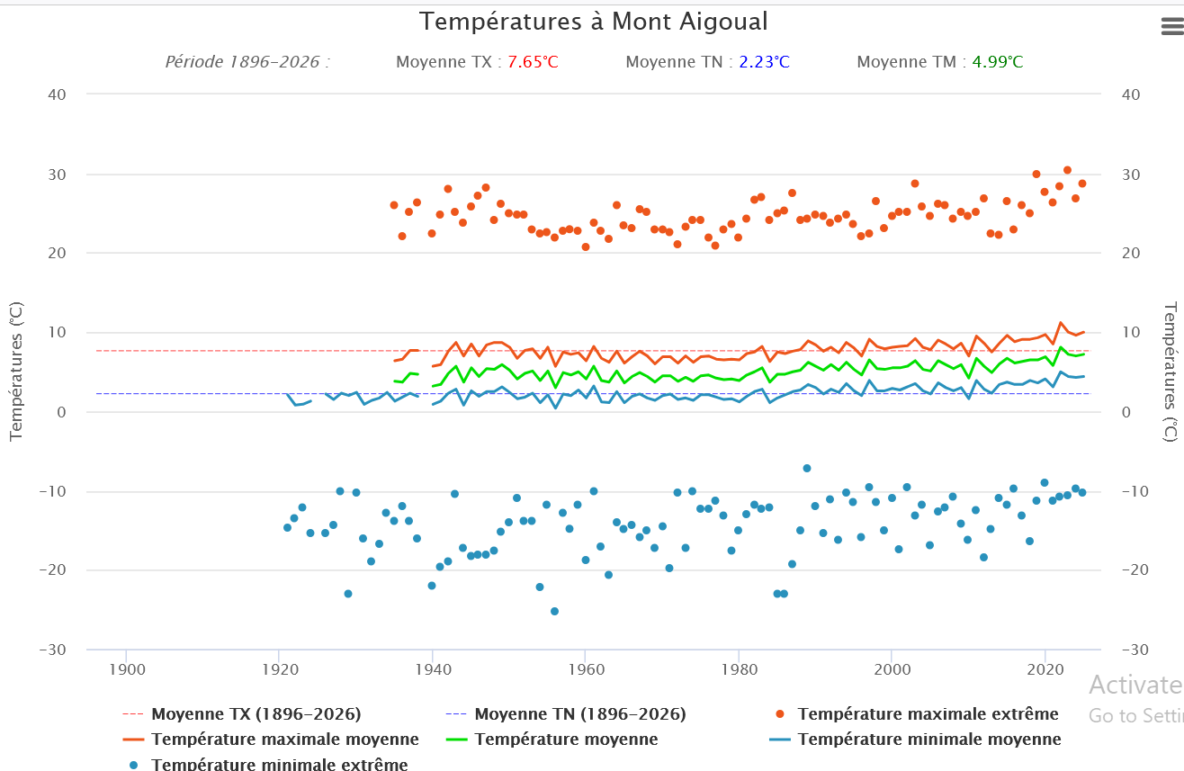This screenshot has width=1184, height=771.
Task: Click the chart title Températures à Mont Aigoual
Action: (x=594, y=22)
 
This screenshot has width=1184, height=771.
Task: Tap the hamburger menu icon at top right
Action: (x=1171, y=27)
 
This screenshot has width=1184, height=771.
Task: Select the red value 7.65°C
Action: (x=533, y=62)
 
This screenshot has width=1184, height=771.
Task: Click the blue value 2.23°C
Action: (x=764, y=62)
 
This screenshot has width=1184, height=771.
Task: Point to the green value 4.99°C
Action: (x=997, y=62)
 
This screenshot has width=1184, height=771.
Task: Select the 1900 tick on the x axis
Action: (x=126, y=670)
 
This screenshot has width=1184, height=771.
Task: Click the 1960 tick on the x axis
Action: (x=585, y=670)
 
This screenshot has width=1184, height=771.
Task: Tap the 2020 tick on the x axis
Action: (x=1045, y=670)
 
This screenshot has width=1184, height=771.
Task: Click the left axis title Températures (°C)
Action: (x=15, y=371)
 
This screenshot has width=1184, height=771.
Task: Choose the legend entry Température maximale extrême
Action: (x=928, y=714)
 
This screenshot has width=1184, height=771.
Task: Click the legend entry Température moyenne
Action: (x=566, y=740)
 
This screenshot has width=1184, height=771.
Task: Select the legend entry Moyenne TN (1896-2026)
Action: (x=580, y=714)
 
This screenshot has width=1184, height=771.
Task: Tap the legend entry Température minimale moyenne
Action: (x=929, y=740)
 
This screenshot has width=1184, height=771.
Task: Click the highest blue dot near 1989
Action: (x=807, y=468)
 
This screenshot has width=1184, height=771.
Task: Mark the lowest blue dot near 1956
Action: (x=554, y=611)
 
